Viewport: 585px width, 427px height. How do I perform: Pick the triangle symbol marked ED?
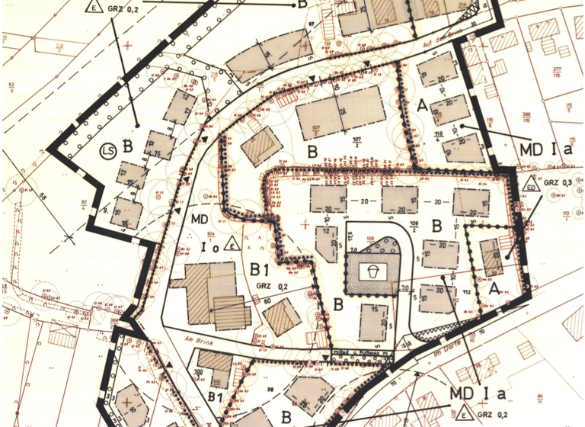tap(532, 183)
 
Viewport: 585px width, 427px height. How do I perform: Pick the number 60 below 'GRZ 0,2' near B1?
tap(268, 300)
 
